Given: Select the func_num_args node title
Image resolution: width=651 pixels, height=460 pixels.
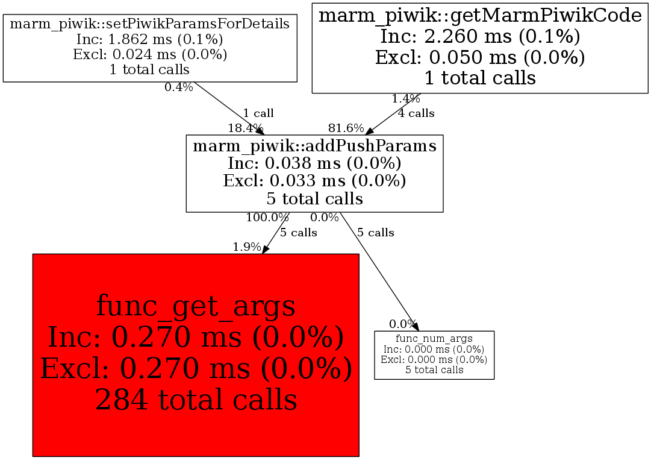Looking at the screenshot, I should [x=434, y=339].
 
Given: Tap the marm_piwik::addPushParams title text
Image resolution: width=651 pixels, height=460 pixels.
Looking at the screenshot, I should [x=314, y=146].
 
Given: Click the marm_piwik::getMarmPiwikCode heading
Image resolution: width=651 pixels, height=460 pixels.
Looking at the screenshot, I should [x=480, y=15].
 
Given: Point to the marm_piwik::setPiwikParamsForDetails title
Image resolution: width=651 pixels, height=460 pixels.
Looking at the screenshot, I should [x=150, y=24].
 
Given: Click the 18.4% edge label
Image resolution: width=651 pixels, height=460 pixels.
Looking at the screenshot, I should [x=245, y=128].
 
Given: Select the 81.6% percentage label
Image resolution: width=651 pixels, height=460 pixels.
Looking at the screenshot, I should [x=346, y=128].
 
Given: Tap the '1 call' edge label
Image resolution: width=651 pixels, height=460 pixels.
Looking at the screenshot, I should [x=258, y=113].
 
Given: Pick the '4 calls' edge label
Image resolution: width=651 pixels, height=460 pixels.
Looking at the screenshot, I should [x=416, y=113].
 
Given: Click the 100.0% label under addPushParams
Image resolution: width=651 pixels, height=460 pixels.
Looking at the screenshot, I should [x=267, y=217].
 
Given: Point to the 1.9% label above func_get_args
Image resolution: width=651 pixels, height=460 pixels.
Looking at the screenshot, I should [x=247, y=247].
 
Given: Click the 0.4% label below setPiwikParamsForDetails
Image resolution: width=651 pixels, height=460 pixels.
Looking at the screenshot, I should [x=179, y=87].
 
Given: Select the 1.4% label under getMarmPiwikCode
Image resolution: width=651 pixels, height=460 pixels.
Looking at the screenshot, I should [x=406, y=99].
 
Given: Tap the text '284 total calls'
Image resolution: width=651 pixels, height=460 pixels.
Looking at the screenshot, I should [x=196, y=399].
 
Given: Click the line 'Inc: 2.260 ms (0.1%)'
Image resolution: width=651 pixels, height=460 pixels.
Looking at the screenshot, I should [x=480, y=37].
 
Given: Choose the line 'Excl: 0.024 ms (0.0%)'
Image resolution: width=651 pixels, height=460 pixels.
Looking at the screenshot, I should [x=150, y=55].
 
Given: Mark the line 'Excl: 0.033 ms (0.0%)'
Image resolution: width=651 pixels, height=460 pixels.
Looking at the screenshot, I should [x=314, y=181].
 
